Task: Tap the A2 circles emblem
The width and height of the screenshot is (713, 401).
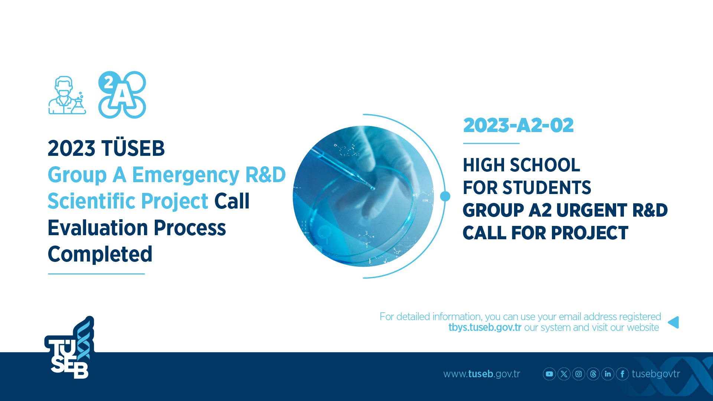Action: tap(122, 95)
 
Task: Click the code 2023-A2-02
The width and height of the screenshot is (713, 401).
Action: tap(519, 125)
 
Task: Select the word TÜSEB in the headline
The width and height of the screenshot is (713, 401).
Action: tap(133, 148)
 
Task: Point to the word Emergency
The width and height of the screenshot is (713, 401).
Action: tap(186, 175)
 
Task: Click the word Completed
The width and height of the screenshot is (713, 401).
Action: tap(100, 254)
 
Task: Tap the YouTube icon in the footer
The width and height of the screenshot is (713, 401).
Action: tap(549, 374)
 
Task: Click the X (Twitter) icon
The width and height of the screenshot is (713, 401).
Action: tap(564, 374)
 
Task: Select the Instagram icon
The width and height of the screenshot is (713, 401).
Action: tap(579, 374)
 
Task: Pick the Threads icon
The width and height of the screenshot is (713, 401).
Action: tap(593, 374)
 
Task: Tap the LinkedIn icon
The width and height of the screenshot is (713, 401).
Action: tap(608, 374)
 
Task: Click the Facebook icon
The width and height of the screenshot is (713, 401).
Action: tap(622, 374)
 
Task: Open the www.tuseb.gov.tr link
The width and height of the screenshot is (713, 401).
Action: tap(482, 374)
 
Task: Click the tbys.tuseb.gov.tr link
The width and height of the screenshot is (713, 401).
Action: tap(485, 328)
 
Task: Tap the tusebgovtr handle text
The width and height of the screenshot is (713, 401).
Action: tap(656, 374)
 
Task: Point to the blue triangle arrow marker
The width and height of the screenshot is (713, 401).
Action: tap(674, 322)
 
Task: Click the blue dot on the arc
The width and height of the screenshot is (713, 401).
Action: tap(445, 196)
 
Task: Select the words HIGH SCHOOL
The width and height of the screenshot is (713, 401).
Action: tap(521, 165)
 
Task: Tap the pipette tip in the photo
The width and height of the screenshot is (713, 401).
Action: tap(372, 188)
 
